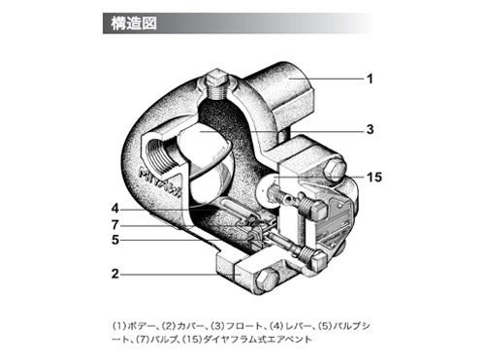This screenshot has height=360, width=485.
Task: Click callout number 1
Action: [369, 77]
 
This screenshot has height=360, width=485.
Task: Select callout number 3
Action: [370, 129]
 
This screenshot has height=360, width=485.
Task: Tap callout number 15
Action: [375, 176]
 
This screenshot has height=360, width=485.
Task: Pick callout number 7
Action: [114, 224]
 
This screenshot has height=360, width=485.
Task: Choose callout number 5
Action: [114, 240]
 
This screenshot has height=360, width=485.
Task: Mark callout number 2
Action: [114, 274]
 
